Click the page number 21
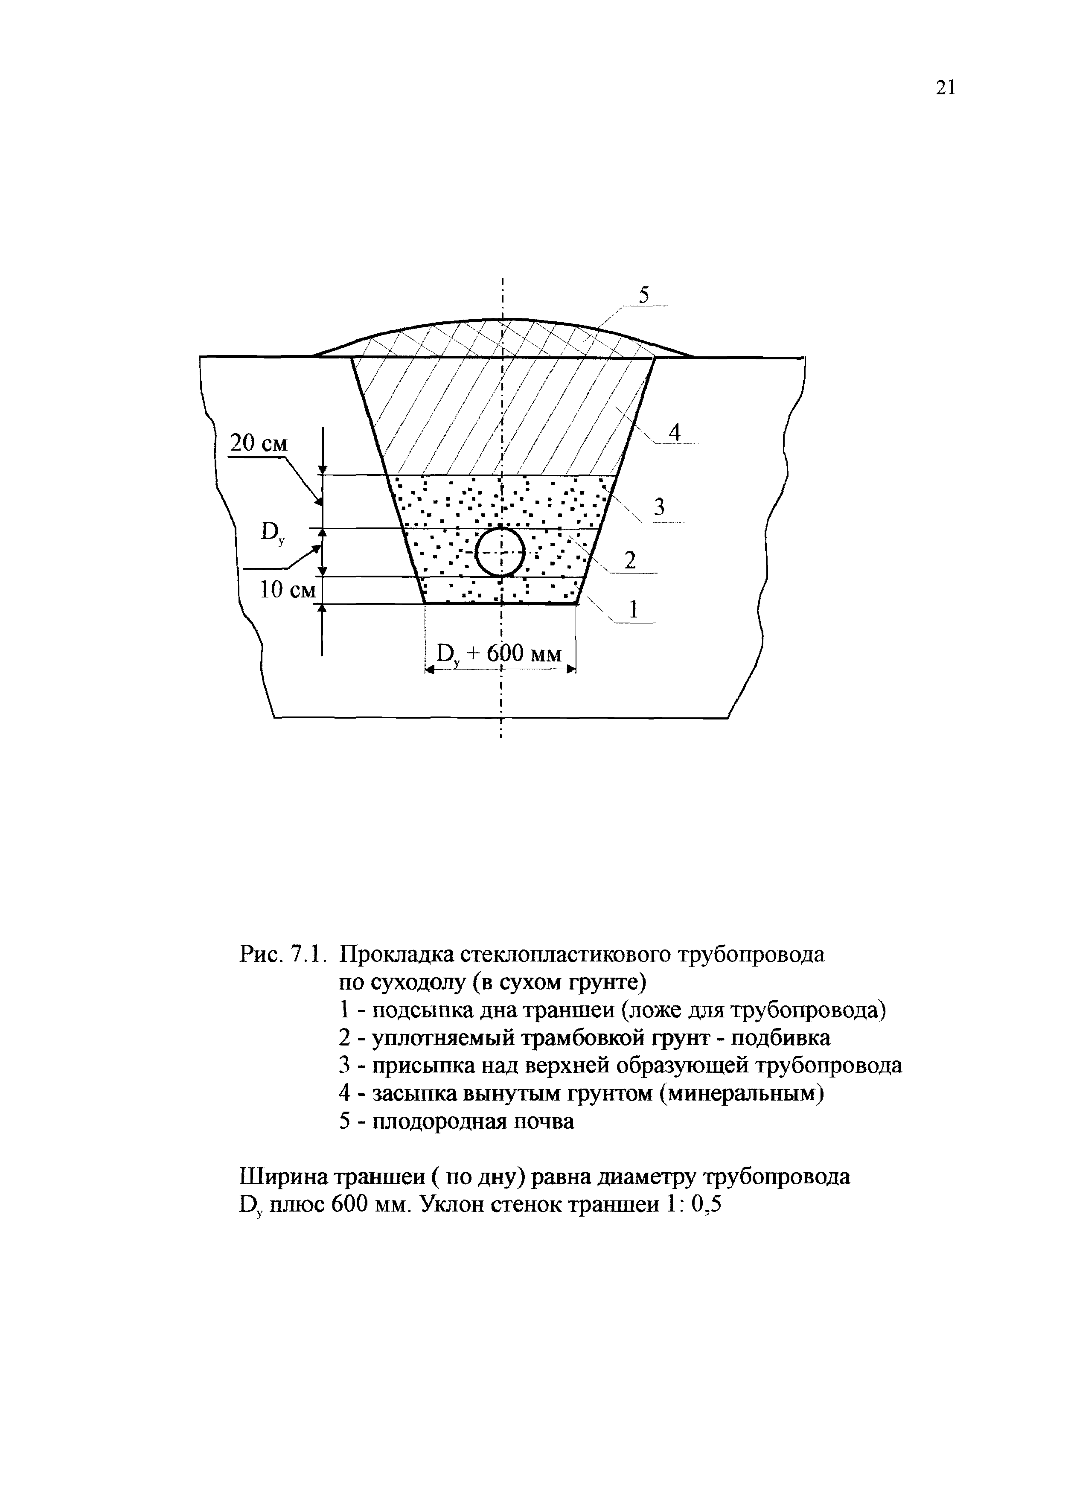[x=946, y=88]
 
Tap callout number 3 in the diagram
[x=659, y=507]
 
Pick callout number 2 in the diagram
[x=630, y=561]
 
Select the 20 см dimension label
[x=259, y=444]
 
